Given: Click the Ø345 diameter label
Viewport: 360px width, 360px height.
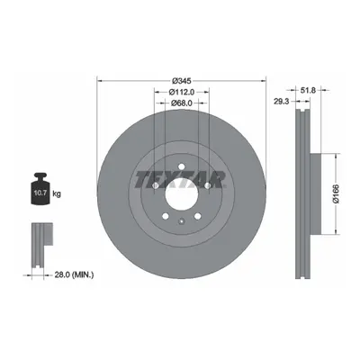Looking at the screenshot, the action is [x=182, y=81].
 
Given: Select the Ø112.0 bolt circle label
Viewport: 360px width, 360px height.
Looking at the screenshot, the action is [x=182, y=92].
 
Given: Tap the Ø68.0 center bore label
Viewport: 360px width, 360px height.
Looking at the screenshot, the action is [x=182, y=103].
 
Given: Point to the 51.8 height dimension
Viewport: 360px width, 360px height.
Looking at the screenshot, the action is [x=308, y=90].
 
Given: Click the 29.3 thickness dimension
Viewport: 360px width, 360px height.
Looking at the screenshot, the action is [x=282, y=102].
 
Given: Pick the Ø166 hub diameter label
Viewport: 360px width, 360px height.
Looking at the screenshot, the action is [x=336, y=193].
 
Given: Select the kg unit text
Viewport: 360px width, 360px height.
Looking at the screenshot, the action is [x=57, y=193].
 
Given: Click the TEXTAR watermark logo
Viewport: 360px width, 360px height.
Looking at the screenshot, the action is [x=180, y=180].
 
